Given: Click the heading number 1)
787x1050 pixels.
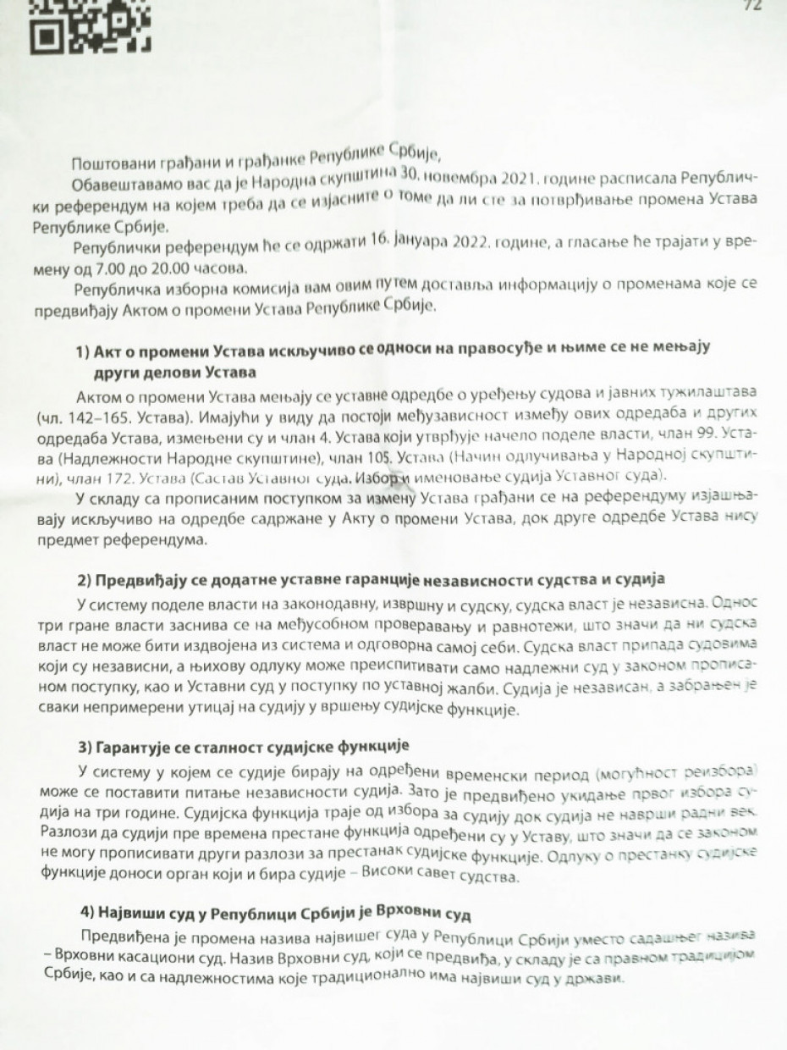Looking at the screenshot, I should click(x=85, y=351).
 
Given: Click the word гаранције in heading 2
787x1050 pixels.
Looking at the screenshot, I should click(x=338, y=578).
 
